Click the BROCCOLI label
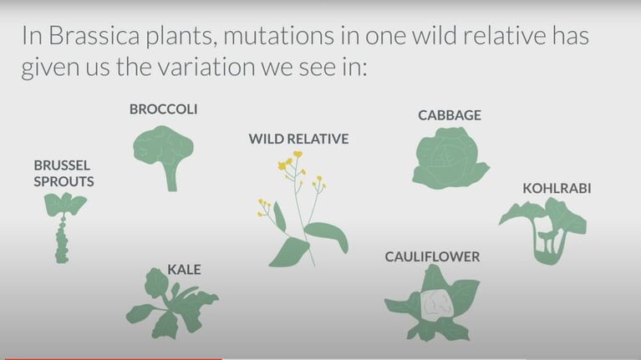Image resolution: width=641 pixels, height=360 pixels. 163,109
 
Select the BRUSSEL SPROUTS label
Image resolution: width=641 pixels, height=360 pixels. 64,173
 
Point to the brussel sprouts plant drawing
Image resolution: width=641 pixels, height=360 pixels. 64,227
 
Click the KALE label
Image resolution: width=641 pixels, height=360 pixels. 184,270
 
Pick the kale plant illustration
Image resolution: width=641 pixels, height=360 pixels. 170,304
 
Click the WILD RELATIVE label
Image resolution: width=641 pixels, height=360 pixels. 299,139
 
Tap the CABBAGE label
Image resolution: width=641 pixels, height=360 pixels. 450,115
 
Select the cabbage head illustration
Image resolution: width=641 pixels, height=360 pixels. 450,158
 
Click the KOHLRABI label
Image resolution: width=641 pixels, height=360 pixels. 557,189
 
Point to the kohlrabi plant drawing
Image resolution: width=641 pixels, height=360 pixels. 544,231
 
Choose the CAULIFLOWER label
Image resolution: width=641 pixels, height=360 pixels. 432,257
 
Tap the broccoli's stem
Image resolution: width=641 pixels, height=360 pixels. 171,176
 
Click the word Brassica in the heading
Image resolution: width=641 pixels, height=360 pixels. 94,36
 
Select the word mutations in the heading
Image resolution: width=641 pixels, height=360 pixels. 279,36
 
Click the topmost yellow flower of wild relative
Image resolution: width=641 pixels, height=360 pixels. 298,154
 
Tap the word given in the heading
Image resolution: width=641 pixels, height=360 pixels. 50,68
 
